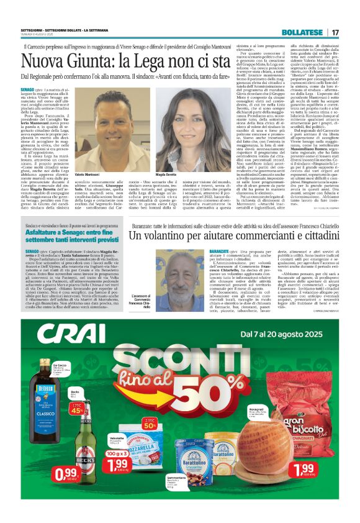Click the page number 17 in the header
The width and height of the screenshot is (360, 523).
(335, 32)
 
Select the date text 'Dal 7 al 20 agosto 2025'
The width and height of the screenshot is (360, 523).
(285, 334)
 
